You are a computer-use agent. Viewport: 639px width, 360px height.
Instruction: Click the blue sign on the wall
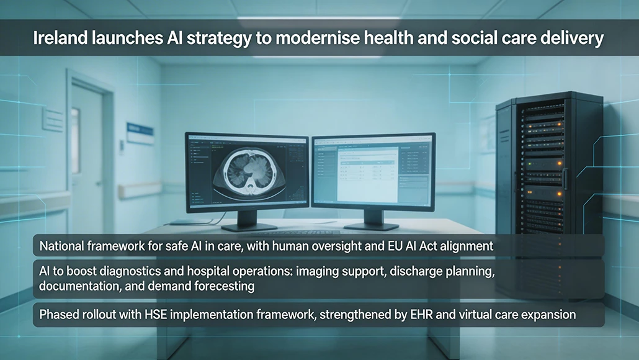pyautogui.click(x=140, y=132)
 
